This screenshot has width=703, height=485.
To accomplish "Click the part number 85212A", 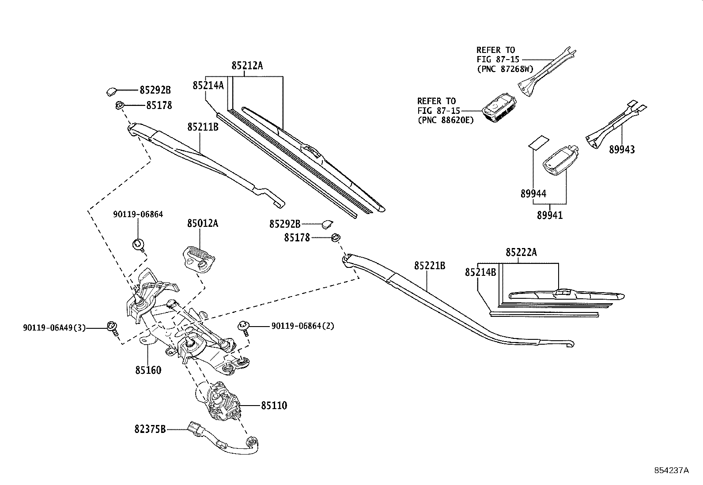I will click(x=247, y=66).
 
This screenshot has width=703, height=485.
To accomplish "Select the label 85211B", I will click(x=203, y=127).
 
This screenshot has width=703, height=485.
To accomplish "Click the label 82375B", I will click(x=150, y=429).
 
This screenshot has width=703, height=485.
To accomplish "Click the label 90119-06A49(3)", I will click(x=54, y=328).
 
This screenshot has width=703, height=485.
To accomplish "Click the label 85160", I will click(x=148, y=370).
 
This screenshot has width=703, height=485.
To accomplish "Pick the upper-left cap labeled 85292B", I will click(x=111, y=91).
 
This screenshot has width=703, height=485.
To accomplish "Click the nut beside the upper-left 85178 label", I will click(x=119, y=105).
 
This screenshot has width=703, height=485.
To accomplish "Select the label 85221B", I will click(x=429, y=266).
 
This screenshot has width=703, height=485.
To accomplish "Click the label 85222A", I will click(x=521, y=252).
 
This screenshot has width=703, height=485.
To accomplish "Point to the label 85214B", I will click(x=480, y=272).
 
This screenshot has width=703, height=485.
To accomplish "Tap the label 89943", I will click(x=622, y=150).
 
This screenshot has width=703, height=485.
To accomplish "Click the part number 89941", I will click(x=550, y=215).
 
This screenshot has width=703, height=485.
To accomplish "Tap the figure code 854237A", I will click(x=671, y=470).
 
